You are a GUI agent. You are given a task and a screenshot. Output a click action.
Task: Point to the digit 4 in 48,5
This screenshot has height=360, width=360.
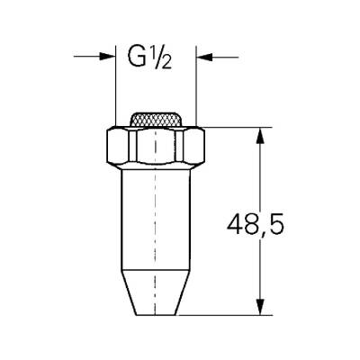click(232, 222)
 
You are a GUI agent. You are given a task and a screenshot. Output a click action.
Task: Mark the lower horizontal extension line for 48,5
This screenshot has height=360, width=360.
click(225, 315)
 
